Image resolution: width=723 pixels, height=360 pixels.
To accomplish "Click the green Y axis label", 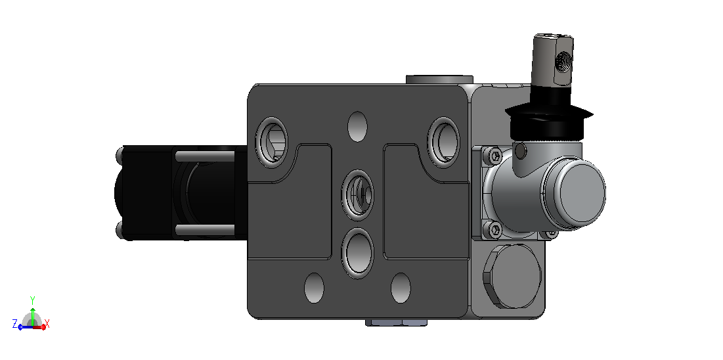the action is (32, 300).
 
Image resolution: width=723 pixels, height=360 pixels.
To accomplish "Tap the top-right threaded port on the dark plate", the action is (443, 141).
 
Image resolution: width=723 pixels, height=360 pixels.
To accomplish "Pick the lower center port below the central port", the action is (358, 253).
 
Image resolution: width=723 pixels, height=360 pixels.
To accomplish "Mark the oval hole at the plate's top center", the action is (358, 126).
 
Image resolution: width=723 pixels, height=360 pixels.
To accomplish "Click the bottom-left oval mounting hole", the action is (314, 288).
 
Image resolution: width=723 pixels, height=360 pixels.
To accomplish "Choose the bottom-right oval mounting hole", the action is (401, 288).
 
